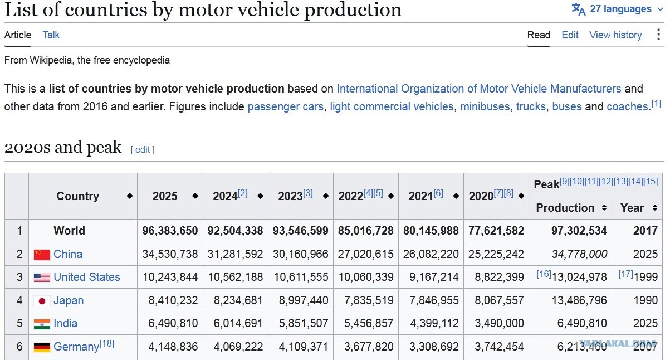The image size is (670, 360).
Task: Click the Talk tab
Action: [x=51, y=35]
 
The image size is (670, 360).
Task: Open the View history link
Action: [x=615, y=35]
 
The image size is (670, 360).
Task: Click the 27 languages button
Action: [x=617, y=9]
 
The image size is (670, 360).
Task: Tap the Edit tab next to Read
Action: [x=570, y=35]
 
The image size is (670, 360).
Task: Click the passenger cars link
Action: [x=285, y=106]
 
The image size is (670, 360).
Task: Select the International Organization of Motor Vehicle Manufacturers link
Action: [x=479, y=89]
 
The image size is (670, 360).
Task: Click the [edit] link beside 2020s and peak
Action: [x=143, y=149]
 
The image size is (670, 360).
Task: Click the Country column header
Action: [x=78, y=196]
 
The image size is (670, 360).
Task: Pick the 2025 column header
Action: [x=165, y=196]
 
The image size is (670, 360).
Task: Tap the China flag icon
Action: [x=42, y=255]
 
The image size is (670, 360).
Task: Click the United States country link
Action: [x=87, y=277]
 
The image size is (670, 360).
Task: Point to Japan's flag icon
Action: [x=42, y=301]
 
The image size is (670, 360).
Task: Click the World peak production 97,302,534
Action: [x=579, y=231]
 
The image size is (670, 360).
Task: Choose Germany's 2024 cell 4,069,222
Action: [x=238, y=347]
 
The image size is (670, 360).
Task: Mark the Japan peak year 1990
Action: [x=645, y=300]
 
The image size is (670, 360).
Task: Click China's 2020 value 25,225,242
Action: [x=496, y=254]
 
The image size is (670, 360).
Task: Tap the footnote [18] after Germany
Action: [x=106, y=343]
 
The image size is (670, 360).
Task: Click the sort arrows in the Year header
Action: [x=655, y=208]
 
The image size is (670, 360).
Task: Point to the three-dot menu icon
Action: [x=658, y=35]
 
